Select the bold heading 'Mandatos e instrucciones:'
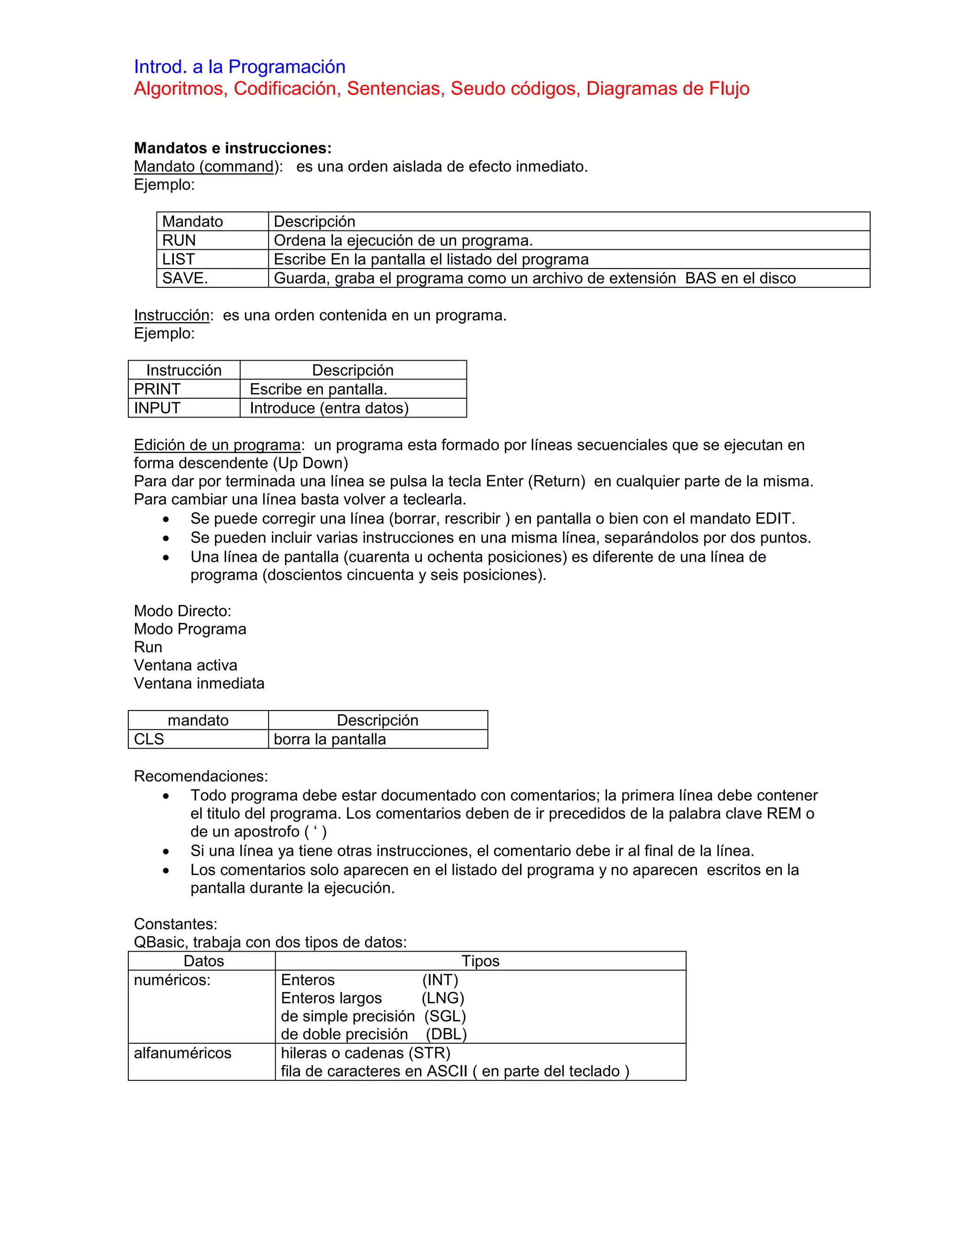point(232,148)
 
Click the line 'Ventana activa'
point(185,665)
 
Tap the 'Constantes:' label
point(175,923)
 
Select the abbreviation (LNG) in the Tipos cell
point(442,998)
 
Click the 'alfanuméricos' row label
point(182,1053)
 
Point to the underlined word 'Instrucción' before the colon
point(171,315)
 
